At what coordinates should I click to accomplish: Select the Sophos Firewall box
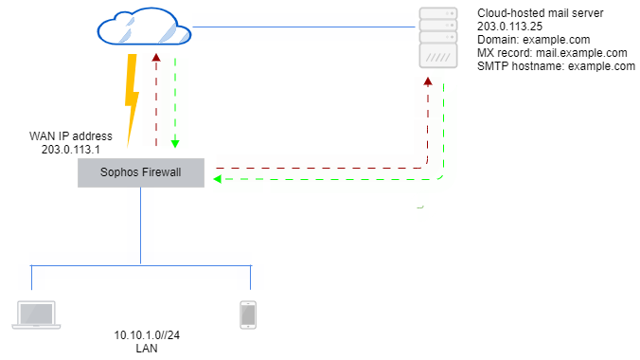coord(140,171)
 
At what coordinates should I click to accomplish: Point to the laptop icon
coord(36,315)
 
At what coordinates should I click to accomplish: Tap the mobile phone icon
coord(248,315)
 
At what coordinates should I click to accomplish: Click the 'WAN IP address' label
coord(71,135)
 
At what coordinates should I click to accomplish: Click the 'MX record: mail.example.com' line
coord(552,53)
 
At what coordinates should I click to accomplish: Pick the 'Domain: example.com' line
coord(533,41)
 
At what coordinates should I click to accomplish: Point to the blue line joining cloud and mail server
coord(303,27)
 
